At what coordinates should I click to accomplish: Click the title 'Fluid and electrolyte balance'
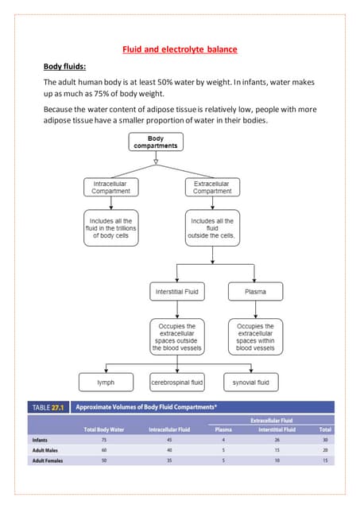tap(180, 50)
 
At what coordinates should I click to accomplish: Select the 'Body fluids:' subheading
tap(66, 67)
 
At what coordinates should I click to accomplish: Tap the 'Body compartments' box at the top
tap(156, 142)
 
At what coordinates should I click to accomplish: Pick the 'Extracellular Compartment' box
tap(212, 187)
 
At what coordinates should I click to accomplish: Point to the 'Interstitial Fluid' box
tap(176, 292)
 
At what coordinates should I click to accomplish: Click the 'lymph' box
tap(106, 383)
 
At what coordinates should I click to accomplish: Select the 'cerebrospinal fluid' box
tap(177, 383)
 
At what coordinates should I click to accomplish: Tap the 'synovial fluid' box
tap(250, 383)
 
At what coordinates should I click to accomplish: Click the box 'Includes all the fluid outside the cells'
tap(212, 228)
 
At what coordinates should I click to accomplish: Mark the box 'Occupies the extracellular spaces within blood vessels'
tap(255, 336)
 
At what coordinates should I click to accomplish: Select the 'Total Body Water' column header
tap(103, 429)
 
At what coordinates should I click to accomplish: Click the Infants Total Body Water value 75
tap(103, 439)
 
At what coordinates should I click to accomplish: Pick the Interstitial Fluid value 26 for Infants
tap(277, 439)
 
